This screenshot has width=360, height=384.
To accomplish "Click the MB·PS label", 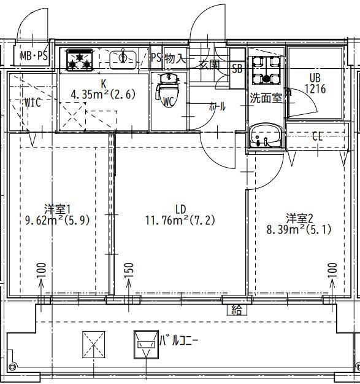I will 33,57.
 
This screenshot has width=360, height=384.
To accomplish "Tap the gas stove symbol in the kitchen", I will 79,59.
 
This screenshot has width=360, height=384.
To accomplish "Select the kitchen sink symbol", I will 123,58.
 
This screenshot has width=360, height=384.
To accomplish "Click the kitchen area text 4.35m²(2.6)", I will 102,95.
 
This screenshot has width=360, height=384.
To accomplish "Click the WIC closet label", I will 33,103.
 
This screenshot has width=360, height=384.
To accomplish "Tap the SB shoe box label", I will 237,68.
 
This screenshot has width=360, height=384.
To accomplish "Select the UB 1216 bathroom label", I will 315,84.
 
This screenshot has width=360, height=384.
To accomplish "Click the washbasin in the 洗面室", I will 266,136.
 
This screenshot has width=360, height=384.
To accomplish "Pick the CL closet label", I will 317,136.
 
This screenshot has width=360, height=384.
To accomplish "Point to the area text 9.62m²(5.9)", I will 59,219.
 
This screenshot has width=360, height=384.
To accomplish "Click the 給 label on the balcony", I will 237,310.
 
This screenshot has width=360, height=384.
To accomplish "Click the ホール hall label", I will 217,106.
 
